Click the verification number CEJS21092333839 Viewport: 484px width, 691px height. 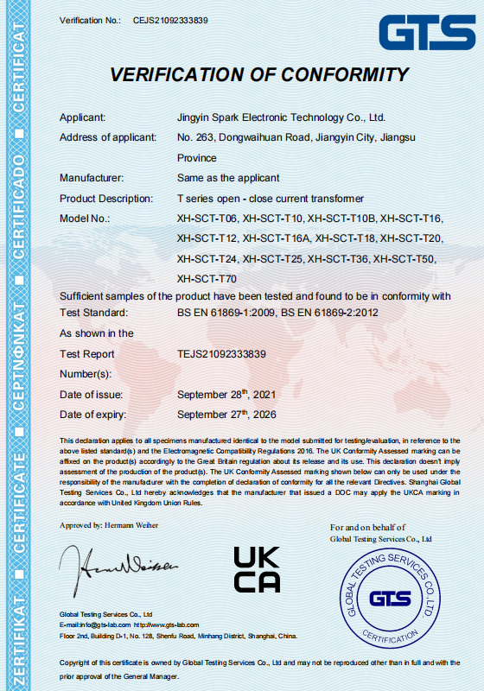click(x=171, y=18)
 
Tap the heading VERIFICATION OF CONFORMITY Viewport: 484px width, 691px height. click(x=258, y=75)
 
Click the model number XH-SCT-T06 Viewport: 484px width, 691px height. click(x=207, y=219)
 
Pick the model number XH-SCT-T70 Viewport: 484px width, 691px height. click(x=207, y=278)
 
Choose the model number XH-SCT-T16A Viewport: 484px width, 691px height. click(x=277, y=238)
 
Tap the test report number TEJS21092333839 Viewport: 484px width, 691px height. click(x=221, y=353)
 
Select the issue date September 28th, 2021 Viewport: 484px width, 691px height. click(x=226, y=394)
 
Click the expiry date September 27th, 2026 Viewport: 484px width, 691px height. click(x=226, y=415)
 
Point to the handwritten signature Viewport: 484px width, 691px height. click(x=118, y=565)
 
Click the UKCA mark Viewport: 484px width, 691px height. click(x=257, y=570)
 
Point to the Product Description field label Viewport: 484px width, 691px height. click(x=105, y=199)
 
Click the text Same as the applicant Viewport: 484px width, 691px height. click(x=227, y=178)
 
